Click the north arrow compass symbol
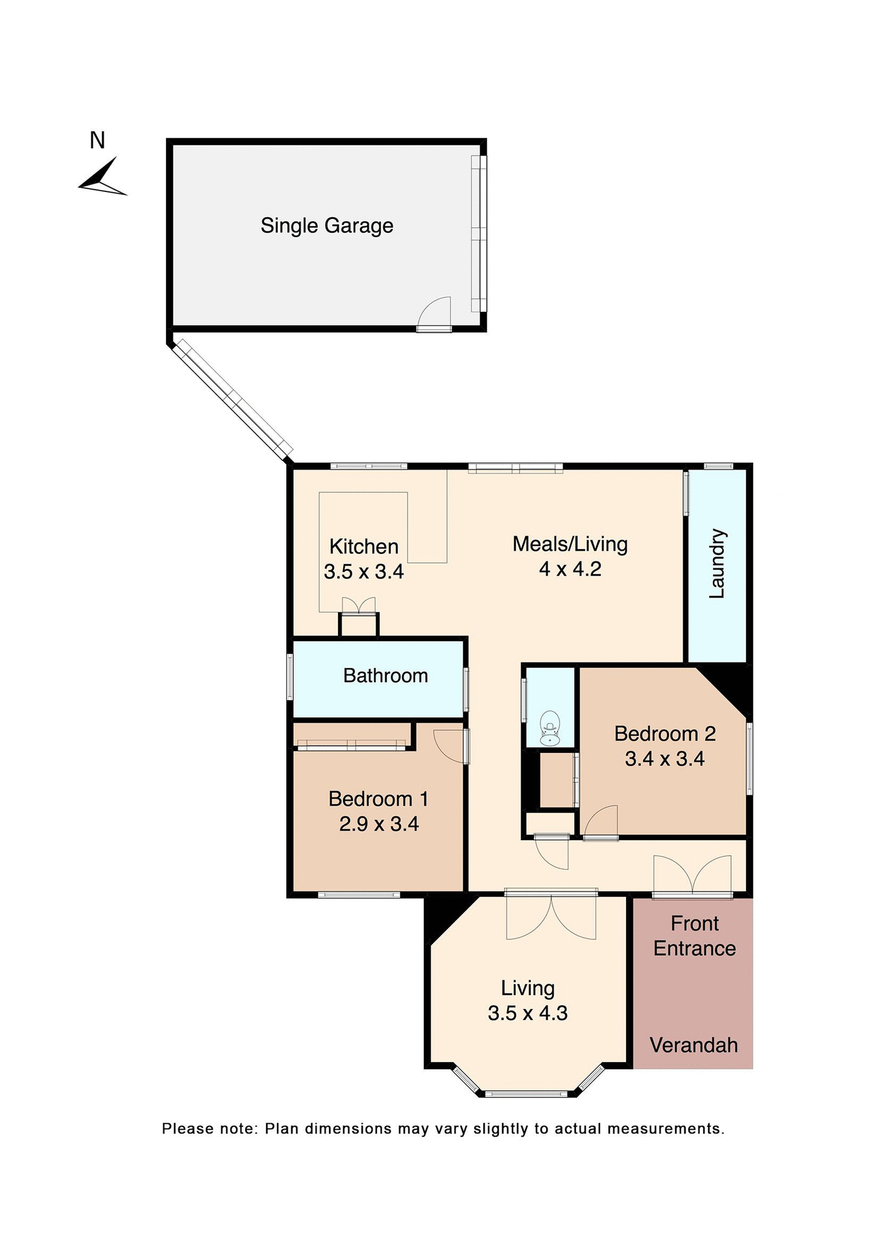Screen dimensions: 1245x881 (x=103, y=178)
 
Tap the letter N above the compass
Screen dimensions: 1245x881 (x=97, y=140)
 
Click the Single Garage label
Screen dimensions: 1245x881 (x=327, y=226)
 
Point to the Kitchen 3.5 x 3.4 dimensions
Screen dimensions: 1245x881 (x=364, y=572)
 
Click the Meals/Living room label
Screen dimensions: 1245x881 (x=570, y=544)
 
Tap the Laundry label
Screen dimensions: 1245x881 (x=717, y=563)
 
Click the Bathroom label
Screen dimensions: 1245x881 (x=385, y=676)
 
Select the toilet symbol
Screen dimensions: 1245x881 (x=550, y=728)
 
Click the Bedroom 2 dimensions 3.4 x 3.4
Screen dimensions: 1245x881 (x=664, y=759)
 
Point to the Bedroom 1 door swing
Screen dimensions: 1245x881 (x=450, y=745)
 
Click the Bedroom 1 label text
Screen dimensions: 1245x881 (x=378, y=799)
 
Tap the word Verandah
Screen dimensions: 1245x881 (x=694, y=1045)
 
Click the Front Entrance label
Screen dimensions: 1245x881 (x=694, y=936)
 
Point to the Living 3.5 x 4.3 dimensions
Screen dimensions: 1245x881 (x=527, y=1013)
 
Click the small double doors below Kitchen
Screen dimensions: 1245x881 (x=359, y=606)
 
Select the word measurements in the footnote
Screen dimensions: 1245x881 (x=666, y=1129)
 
